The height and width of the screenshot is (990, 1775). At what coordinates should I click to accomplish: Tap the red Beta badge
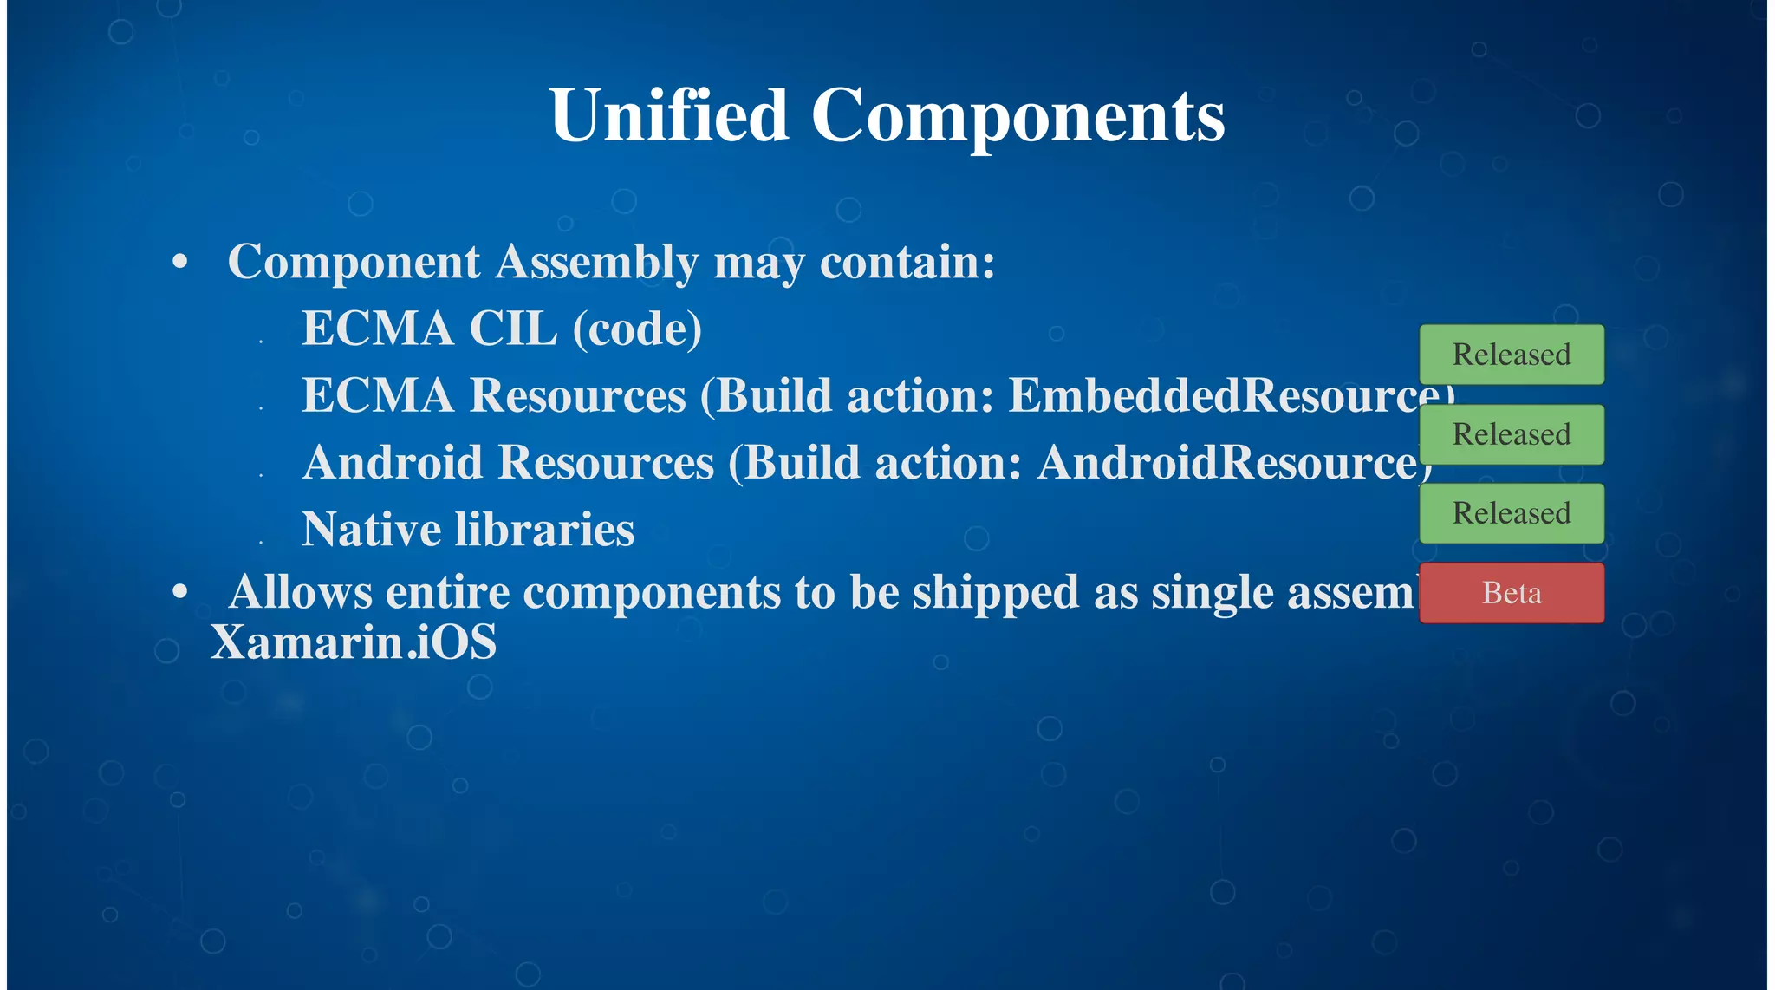[x=1512, y=593]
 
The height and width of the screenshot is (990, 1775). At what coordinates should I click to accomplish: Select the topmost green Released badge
[x=1512, y=355]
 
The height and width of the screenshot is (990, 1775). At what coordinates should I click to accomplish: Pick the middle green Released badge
[x=1512, y=434]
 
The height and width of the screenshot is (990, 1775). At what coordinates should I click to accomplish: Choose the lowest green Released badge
[x=1512, y=513]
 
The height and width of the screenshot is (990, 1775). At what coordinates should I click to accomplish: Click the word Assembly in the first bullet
[x=596, y=262]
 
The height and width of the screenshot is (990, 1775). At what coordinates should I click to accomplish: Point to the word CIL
[x=513, y=329]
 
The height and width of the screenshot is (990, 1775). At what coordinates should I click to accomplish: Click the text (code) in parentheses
[x=637, y=329]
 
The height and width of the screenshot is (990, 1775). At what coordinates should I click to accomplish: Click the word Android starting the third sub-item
[x=392, y=463]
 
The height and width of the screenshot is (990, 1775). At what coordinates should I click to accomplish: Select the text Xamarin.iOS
[x=354, y=642]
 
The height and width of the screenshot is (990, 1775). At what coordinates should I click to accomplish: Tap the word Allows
[x=300, y=593]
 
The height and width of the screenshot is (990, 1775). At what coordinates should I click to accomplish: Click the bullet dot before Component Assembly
[x=180, y=262]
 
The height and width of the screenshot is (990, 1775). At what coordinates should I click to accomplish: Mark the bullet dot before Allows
[x=180, y=593]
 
